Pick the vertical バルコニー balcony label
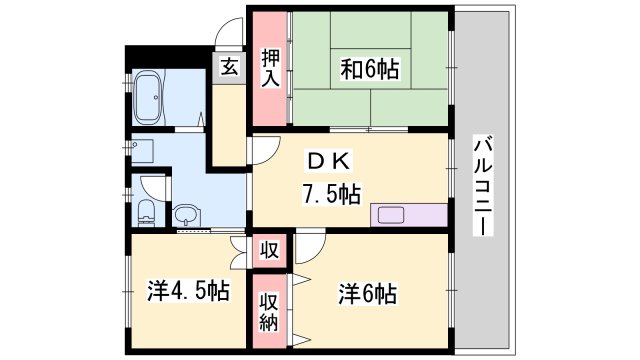point(483,185)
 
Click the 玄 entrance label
point(229,68)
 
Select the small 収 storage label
point(268,249)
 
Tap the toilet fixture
point(147,210)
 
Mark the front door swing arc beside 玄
point(229,33)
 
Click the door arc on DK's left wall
point(262,150)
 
